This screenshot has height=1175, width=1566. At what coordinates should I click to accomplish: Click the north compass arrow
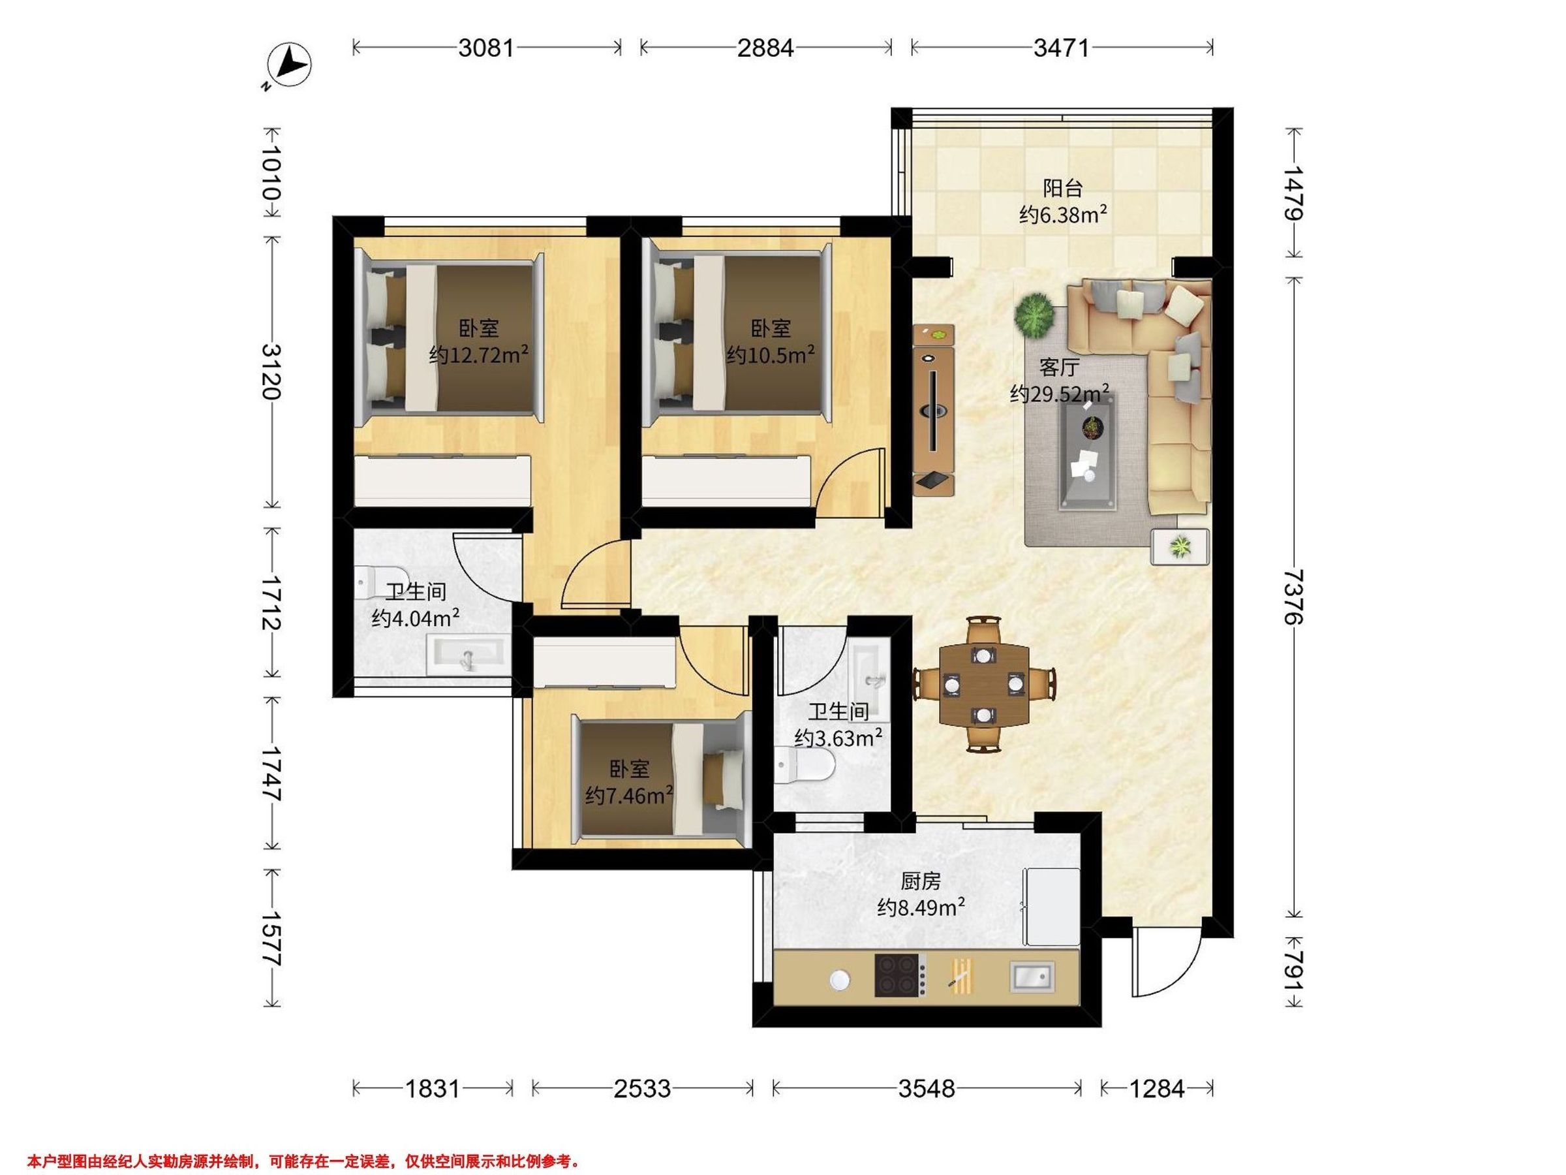pos(292,65)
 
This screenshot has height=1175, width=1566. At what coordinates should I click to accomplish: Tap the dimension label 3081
pos(485,48)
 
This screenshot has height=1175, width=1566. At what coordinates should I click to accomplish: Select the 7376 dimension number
pos(1293,597)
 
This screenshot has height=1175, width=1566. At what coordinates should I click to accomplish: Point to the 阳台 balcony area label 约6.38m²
pos(1064,214)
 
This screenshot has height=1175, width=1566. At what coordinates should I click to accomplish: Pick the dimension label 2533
pos(642,1088)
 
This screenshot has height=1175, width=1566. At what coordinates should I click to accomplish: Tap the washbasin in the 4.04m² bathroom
pos(467,653)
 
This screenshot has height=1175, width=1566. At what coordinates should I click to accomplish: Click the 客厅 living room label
pos(1059,368)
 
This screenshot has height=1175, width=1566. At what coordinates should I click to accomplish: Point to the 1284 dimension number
pos(1157,1088)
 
